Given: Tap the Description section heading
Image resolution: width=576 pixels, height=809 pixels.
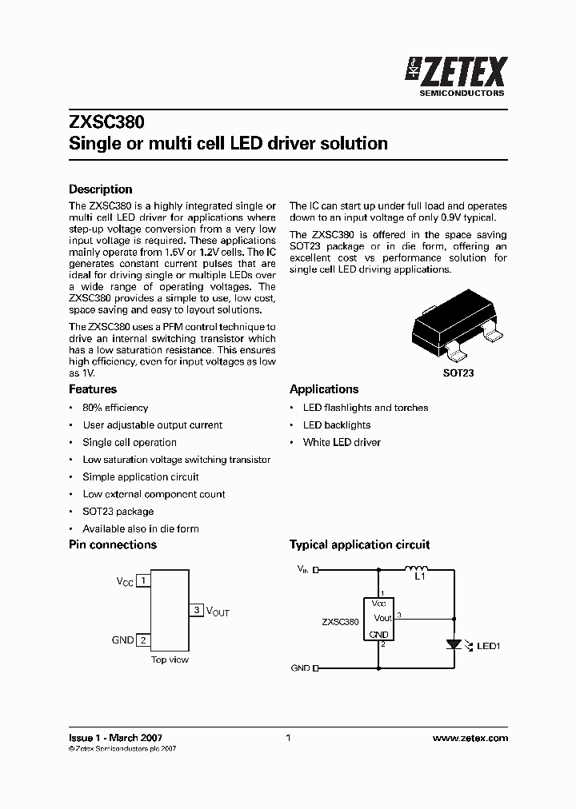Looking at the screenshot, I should coord(101,189).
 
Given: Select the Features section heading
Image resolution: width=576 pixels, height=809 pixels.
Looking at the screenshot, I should coord(93,389).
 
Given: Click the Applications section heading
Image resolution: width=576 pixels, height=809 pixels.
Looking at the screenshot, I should coord(324,389).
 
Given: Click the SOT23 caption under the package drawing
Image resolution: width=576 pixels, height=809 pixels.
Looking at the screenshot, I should coord(458,373).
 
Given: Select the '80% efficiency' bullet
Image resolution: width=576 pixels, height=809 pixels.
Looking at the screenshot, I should coord(115,408).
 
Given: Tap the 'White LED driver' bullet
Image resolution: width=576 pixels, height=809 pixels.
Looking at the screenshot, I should coord(342,442).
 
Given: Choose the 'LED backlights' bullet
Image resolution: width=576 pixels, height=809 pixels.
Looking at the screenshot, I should coord(337,425).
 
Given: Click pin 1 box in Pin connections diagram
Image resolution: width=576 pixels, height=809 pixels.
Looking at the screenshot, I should coord(142,581).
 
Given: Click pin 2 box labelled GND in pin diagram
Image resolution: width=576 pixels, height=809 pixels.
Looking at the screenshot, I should coord(142,640).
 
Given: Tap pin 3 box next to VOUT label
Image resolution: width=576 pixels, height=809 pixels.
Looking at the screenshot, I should coord(197,611).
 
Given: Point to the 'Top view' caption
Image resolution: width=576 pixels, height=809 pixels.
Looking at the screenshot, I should coord(170,660).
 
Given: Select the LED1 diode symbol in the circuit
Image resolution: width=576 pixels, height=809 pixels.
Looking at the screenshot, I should coord(454,644).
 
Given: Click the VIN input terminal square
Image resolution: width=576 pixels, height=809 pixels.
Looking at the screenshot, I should coord(315,570).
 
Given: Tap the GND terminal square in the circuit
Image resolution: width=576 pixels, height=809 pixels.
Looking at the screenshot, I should coord(315,668).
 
